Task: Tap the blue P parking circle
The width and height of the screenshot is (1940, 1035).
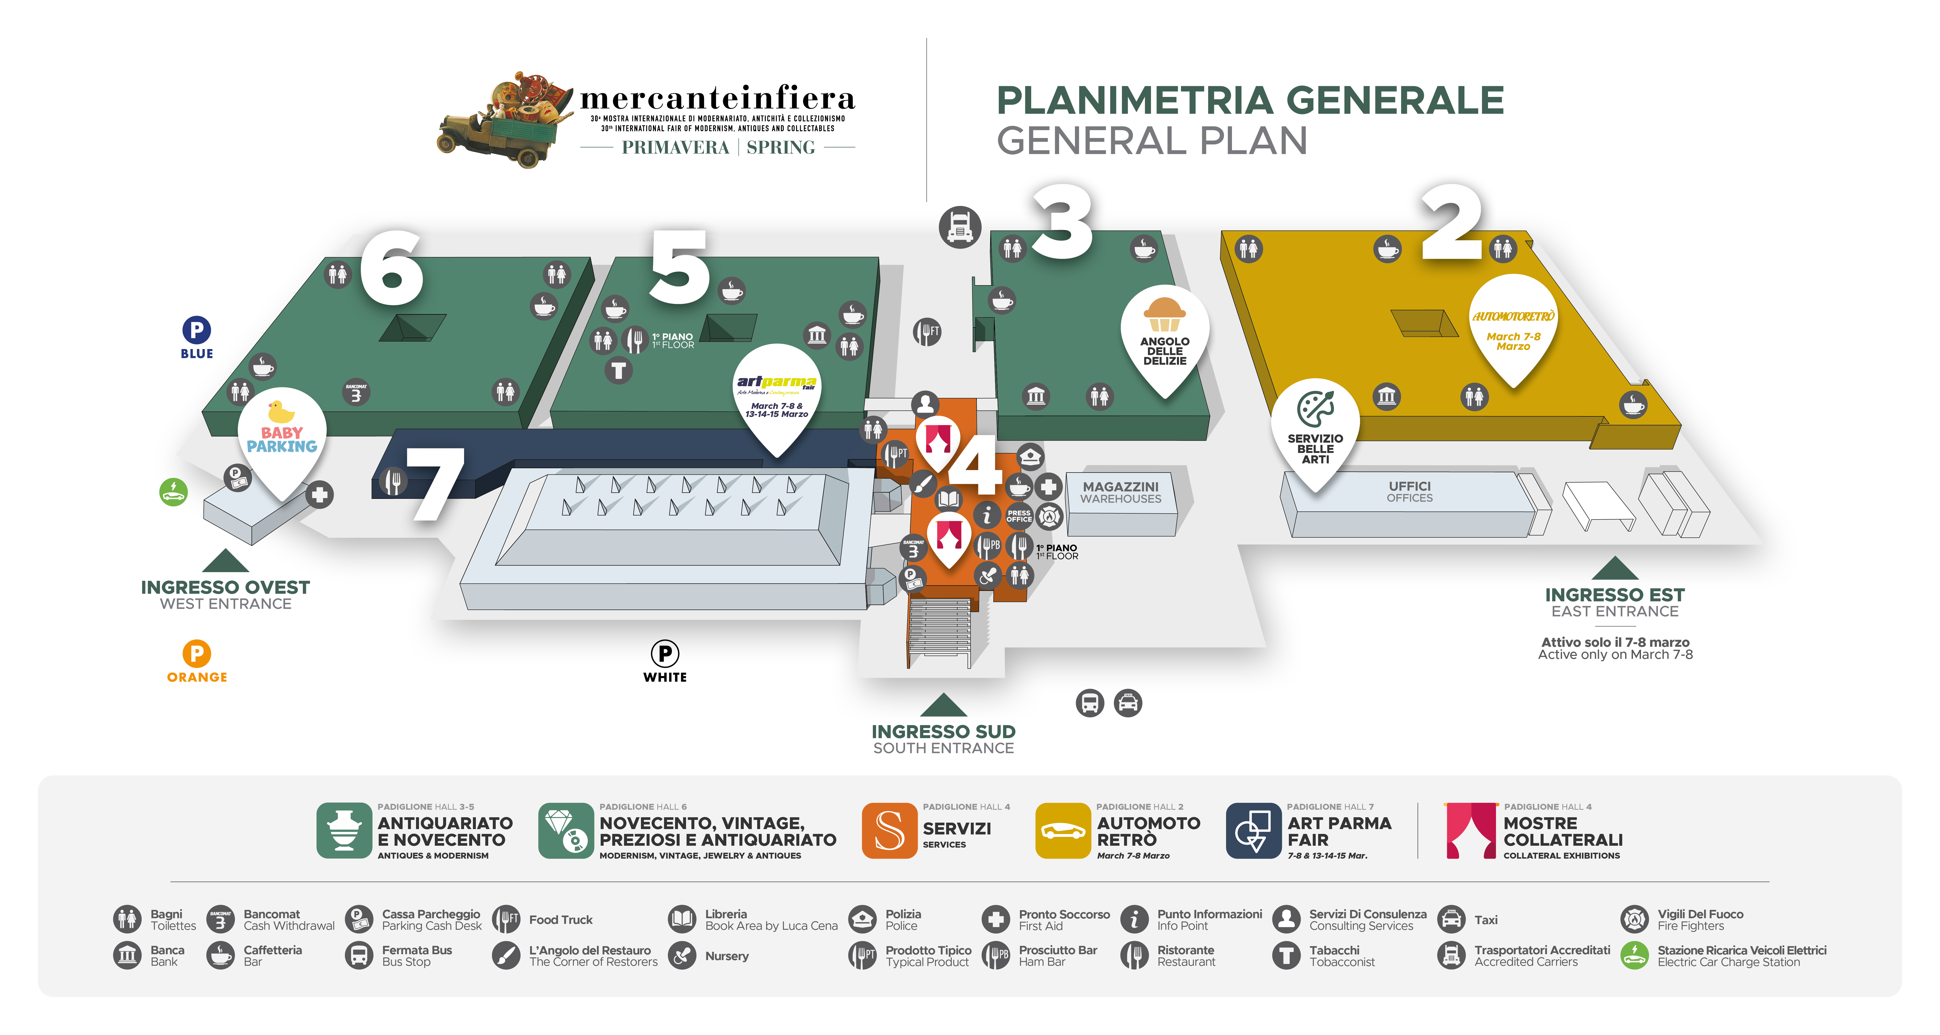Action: (x=196, y=330)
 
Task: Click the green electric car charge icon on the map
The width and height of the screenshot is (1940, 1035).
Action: (x=173, y=492)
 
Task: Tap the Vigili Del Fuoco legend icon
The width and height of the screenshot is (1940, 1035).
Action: (x=1634, y=919)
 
